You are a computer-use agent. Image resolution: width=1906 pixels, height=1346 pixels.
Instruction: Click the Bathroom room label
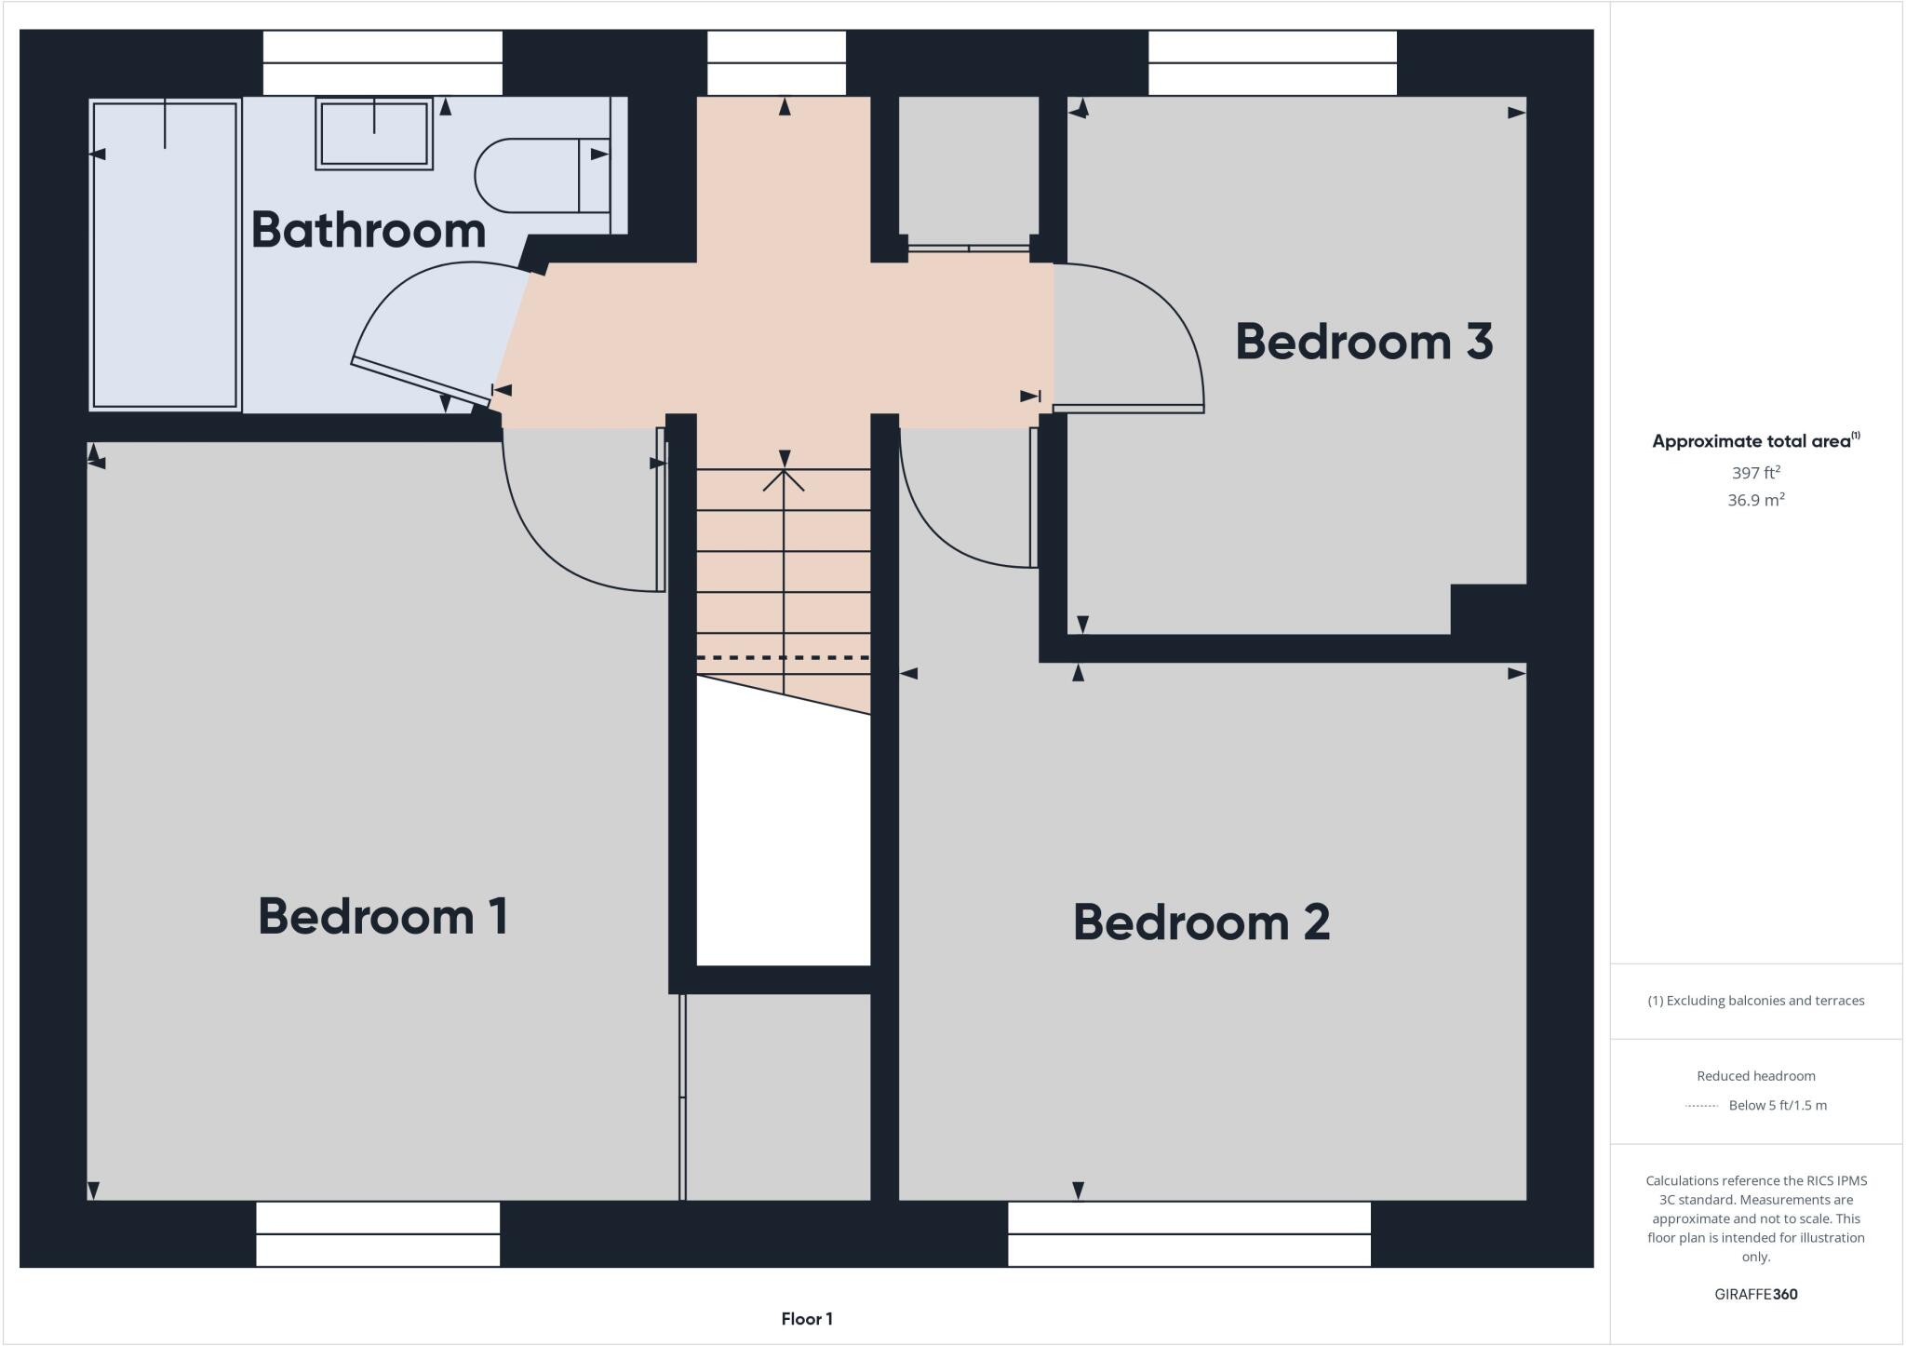tap(369, 230)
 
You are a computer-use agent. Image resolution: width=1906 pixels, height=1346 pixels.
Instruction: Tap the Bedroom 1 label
tap(383, 917)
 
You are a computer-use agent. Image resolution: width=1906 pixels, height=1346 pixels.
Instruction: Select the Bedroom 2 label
tap(1201, 922)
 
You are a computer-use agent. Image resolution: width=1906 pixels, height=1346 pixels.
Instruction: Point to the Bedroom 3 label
tap(1363, 342)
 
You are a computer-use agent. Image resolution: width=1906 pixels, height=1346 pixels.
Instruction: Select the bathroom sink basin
tap(374, 134)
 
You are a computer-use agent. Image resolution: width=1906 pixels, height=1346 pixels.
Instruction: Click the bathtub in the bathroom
tap(165, 254)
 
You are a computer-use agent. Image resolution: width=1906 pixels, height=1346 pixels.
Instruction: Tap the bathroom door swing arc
tap(400, 289)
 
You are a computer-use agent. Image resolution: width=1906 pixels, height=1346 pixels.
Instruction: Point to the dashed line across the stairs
tap(784, 658)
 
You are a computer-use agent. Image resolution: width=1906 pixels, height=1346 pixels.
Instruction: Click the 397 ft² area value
tap(1755, 473)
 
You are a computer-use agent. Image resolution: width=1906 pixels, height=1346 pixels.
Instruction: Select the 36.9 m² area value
tap(1755, 500)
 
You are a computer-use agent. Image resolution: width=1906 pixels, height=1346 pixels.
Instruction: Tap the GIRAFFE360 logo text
tap(1755, 1294)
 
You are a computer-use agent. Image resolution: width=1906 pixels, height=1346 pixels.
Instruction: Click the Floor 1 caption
tap(807, 1319)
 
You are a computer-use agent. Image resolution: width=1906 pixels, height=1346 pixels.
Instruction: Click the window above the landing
tap(776, 63)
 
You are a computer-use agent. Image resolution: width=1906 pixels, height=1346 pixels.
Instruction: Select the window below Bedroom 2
tap(1188, 1234)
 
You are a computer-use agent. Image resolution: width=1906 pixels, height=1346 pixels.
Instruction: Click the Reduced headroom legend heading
tap(1755, 1076)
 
